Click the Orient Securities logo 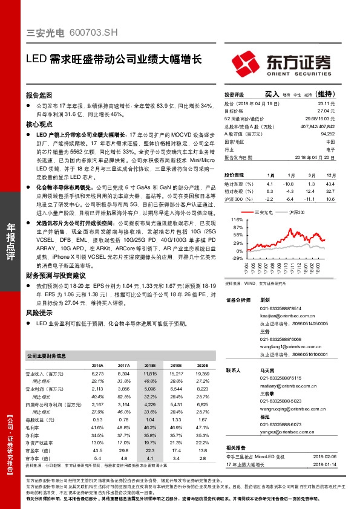coord(281,63)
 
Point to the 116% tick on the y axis coord(237,220)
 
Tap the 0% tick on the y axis coord(239,251)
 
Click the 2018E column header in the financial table coord(149,365)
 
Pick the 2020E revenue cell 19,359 coord(201,374)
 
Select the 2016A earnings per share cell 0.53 coord(97,419)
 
